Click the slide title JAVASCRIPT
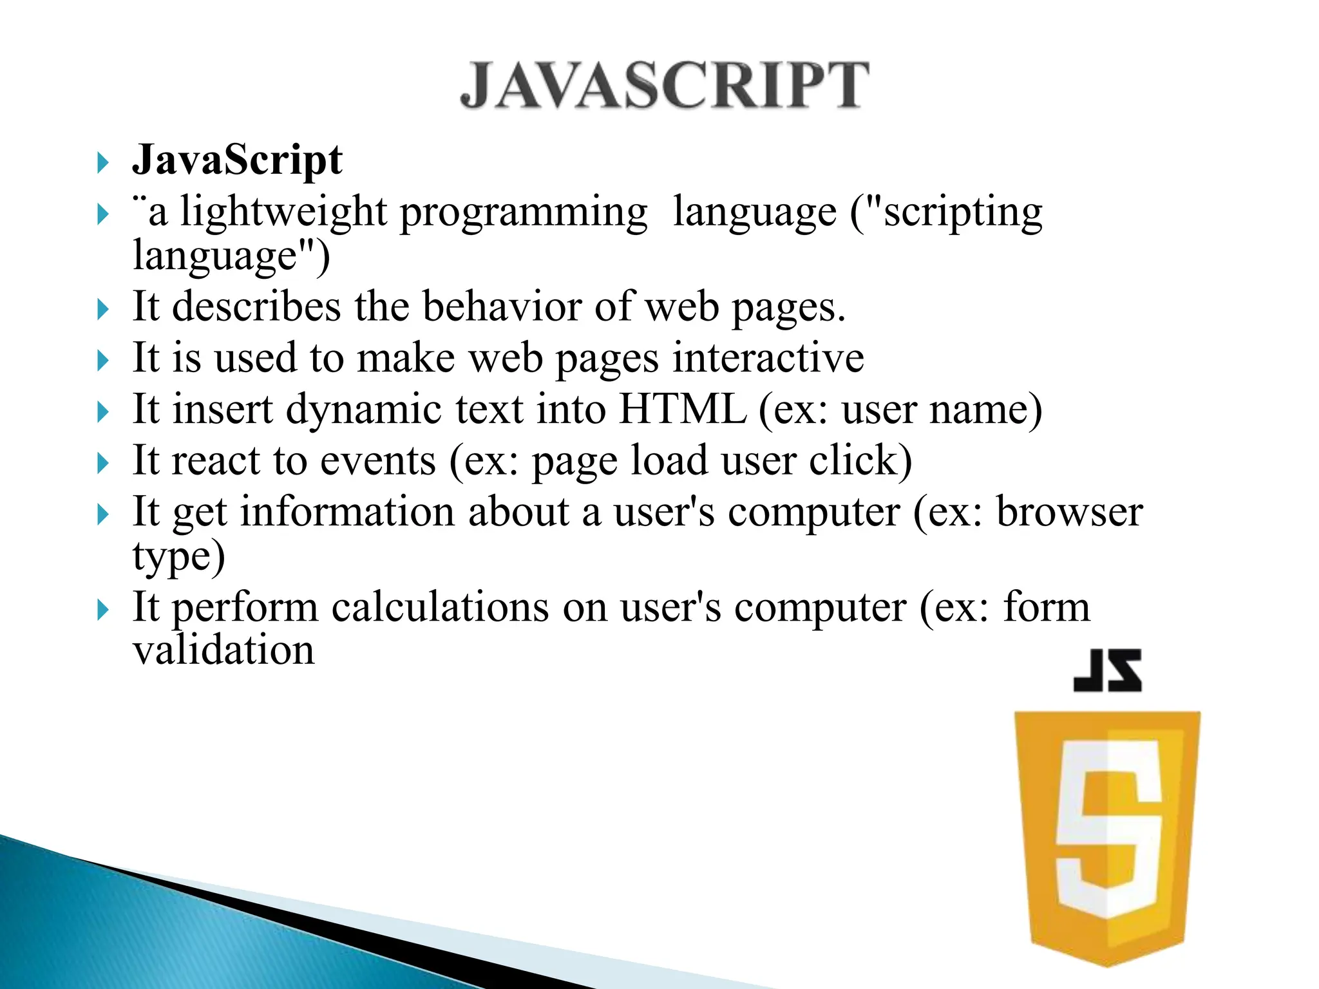click(x=665, y=85)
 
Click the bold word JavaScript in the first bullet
click(x=237, y=160)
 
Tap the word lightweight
click(x=283, y=212)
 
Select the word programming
click(x=523, y=212)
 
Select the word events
click(x=378, y=461)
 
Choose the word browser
click(x=1069, y=512)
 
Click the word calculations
click(x=440, y=607)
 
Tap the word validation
click(x=223, y=650)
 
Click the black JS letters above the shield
click(x=1107, y=671)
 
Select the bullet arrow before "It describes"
click(x=103, y=310)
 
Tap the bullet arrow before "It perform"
click(x=103, y=610)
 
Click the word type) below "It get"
click(x=179, y=556)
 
